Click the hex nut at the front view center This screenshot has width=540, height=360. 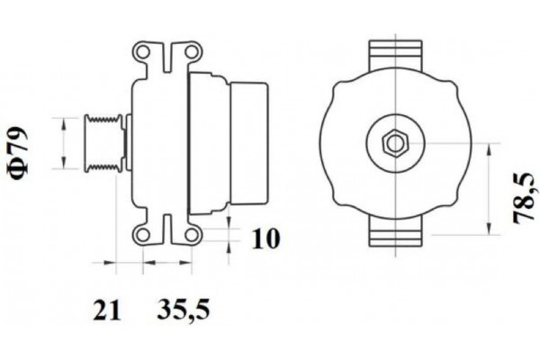(x=394, y=142)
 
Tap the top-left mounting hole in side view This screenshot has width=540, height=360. (x=142, y=51)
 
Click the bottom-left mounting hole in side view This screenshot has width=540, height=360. (x=142, y=235)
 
